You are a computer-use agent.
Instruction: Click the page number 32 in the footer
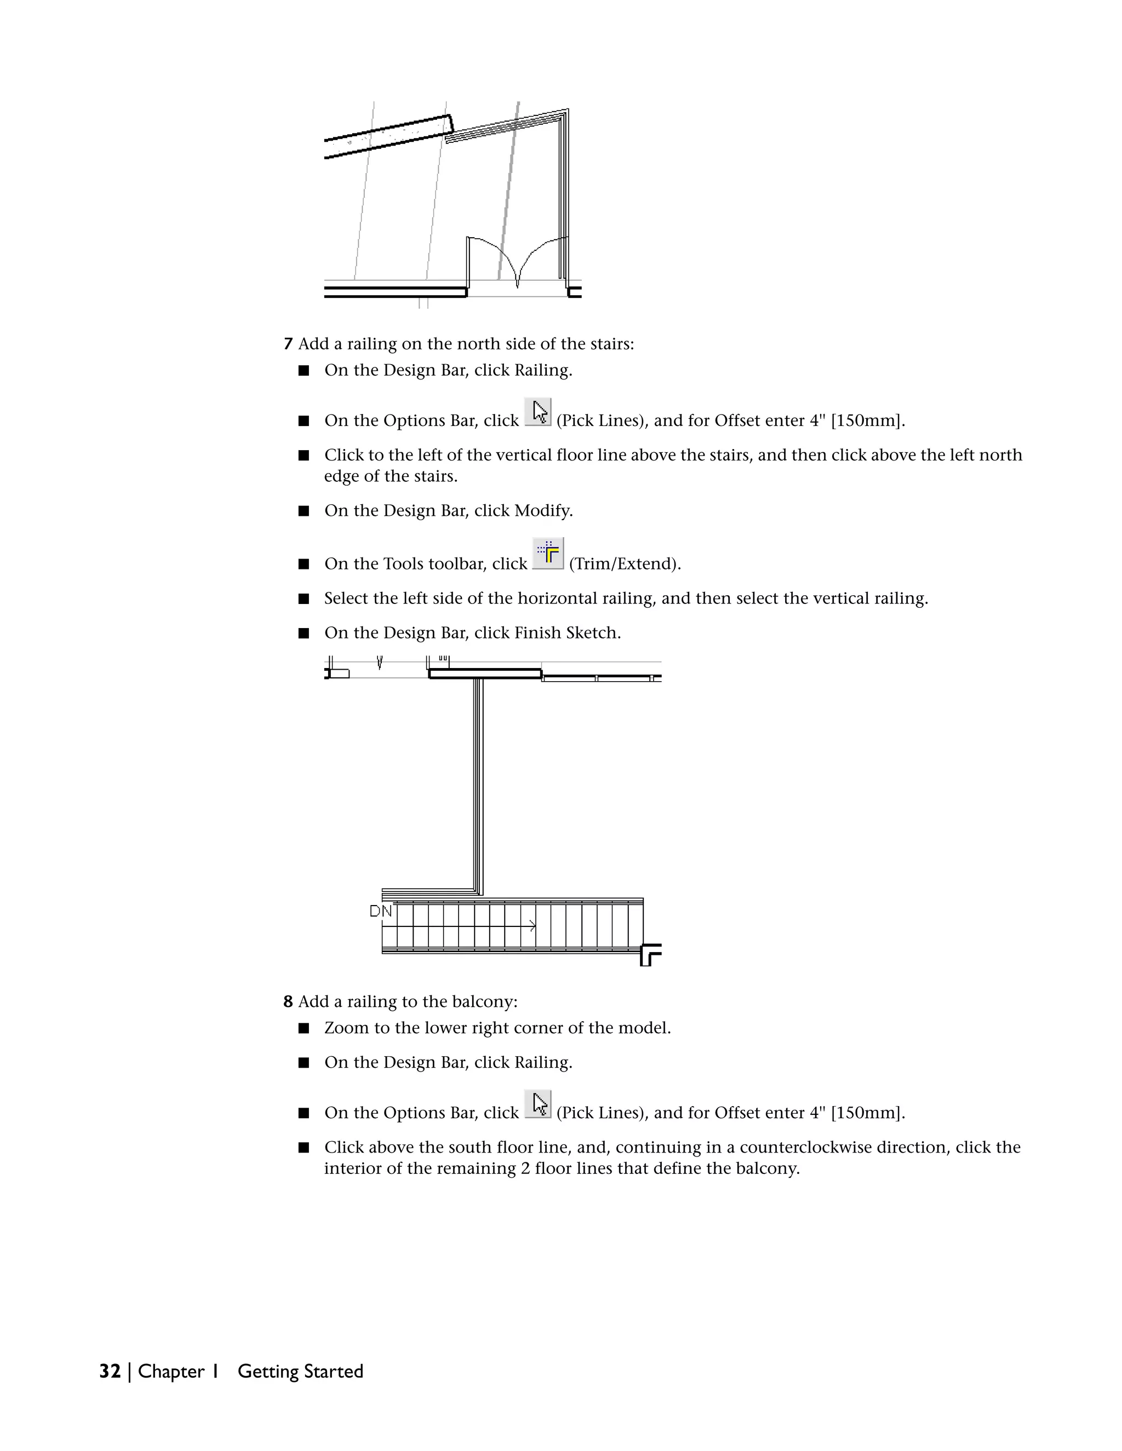(110, 1371)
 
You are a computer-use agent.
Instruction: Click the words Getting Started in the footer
(300, 1371)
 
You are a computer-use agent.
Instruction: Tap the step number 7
(288, 344)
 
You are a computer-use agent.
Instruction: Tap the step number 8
(288, 1001)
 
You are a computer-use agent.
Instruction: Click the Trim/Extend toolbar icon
(548, 553)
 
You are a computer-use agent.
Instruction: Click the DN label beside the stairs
(380, 912)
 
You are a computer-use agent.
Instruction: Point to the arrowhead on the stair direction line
(533, 925)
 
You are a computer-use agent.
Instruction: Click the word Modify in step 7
(541, 511)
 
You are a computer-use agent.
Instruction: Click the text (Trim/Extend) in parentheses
(625, 564)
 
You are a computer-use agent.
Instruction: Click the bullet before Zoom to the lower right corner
(304, 1028)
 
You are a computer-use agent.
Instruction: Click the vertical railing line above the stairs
(478, 784)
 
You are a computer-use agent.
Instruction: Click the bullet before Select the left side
(304, 598)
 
